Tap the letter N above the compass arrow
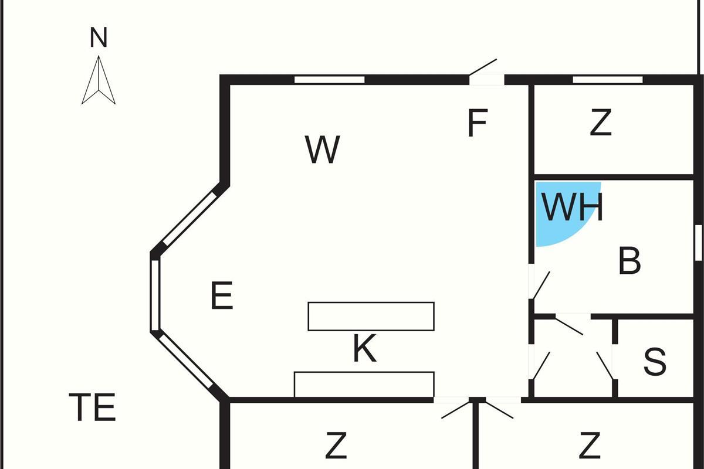coord(99,38)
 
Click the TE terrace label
coord(93,407)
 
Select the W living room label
coord(323,149)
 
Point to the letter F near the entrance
coord(478,123)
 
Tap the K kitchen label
coord(364,349)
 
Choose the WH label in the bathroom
coord(572,207)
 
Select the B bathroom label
coord(629,261)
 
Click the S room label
coord(655,362)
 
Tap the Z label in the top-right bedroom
coord(600,123)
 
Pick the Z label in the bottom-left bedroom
coord(336,446)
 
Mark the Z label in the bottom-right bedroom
coord(590,446)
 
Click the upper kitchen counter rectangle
coord(371,316)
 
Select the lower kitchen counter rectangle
coord(364,385)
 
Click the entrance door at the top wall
coord(485,70)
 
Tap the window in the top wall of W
coord(329,80)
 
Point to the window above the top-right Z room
coord(607,80)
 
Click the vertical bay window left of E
coord(155,295)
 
